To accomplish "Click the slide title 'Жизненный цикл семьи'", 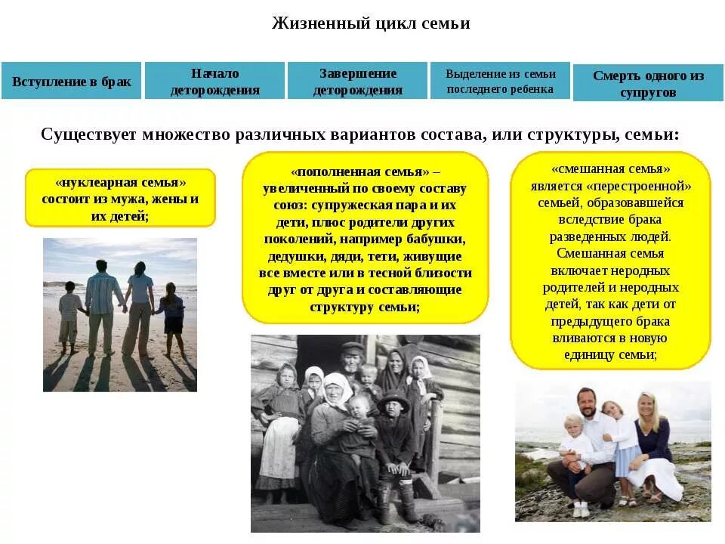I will point(371,24).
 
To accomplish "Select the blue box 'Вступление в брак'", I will point(71,82).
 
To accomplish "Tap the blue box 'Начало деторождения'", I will point(214,82).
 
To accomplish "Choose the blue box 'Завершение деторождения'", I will point(357,82).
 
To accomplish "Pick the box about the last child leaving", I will point(500,82).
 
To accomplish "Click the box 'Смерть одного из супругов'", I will point(648,84).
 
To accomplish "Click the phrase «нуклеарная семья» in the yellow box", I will point(120,183).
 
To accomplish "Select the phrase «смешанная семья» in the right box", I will point(610,169).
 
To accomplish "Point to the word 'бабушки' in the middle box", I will point(439,240).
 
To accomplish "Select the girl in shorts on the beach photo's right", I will point(171,317).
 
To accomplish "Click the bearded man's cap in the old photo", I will point(351,348).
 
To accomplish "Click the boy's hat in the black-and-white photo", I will point(393,400).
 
